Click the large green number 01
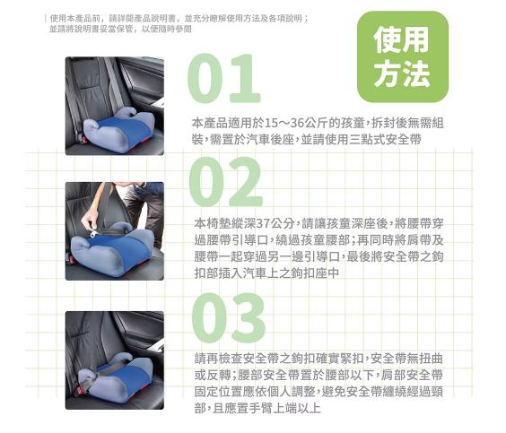tap(224, 78)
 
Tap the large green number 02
tap(226, 181)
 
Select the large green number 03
tap(229, 318)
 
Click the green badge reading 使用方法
tap(403, 56)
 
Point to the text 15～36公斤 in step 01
tap(290, 123)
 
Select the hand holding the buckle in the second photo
tap(90, 220)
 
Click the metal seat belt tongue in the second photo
tap(96, 233)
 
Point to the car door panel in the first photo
tap(143, 81)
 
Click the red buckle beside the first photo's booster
tap(83, 139)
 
